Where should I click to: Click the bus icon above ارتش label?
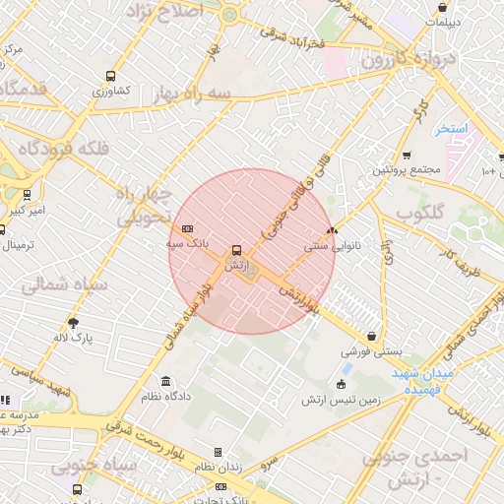tap(235, 251)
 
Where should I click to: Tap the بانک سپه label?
tap(185, 242)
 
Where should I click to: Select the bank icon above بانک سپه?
tap(188, 228)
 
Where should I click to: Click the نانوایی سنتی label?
tap(333, 246)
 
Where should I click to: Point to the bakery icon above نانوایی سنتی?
tap(332, 231)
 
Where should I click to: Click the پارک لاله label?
tap(73, 338)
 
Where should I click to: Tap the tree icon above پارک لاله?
tap(73, 322)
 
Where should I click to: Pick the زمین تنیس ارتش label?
tap(342, 399)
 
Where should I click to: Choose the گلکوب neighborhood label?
tap(421, 213)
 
